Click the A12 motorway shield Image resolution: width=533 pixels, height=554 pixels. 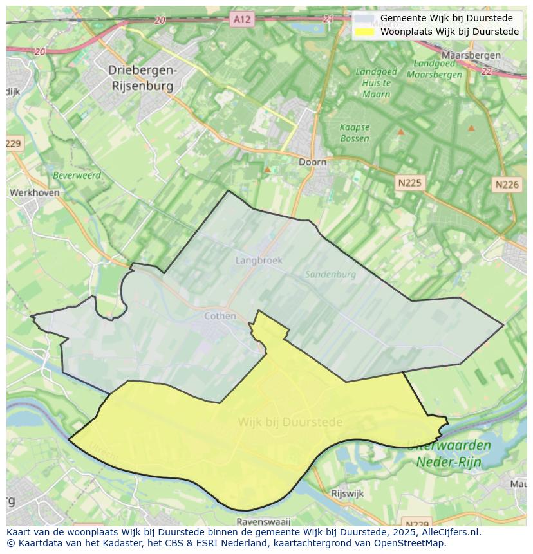[242, 19]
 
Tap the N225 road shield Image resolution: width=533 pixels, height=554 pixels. [409, 183]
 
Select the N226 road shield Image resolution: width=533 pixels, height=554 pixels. [507, 185]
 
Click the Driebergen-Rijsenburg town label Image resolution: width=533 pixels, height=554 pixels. [142, 77]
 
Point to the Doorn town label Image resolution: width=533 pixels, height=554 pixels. [312, 162]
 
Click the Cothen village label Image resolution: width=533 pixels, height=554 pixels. [220, 316]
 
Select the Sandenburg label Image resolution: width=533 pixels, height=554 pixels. [330, 274]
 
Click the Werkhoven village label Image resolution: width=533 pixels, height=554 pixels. [35, 192]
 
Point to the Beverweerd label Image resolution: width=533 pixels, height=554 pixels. [77, 174]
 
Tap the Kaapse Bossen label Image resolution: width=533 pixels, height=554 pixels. [355, 133]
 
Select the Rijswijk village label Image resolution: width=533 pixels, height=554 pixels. [347, 494]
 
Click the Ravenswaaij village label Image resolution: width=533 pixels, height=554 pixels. [263, 522]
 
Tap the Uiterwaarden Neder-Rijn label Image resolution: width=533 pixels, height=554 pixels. [449, 453]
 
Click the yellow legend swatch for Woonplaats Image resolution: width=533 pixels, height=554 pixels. [364, 32]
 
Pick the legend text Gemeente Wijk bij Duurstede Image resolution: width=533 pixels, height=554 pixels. [446, 18]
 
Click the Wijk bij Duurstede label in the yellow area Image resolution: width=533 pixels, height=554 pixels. [290, 422]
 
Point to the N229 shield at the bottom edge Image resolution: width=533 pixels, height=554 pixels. [417, 524]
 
